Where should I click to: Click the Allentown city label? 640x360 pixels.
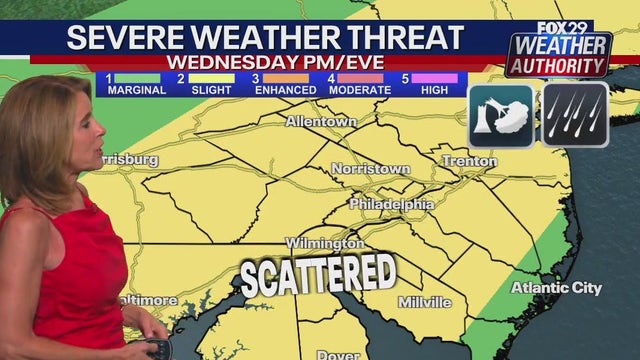(320, 122)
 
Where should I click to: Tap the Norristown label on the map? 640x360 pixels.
(370, 169)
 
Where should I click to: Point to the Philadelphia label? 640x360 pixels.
(392, 204)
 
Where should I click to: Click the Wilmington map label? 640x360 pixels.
(324, 244)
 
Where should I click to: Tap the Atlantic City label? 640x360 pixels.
(557, 288)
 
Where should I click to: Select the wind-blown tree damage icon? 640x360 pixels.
(500, 114)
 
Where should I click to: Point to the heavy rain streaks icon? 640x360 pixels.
(576, 114)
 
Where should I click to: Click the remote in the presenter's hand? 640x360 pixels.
(156, 347)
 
